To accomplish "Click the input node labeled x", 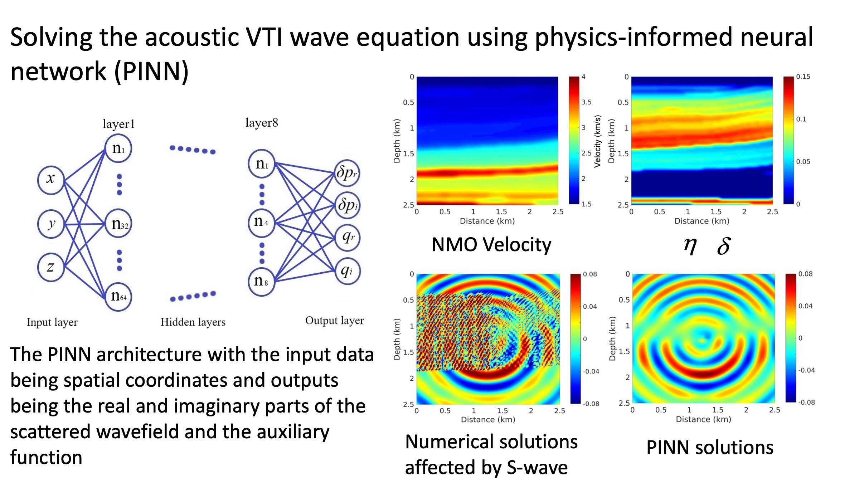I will (51, 180).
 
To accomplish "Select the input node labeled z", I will (51, 267).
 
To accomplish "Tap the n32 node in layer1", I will (118, 224).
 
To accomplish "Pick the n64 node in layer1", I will (118, 297).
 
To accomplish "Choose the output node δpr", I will (346, 173).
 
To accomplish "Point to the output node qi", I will (347, 271).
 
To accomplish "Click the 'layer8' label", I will (262, 123).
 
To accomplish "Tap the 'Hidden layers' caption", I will (193, 322).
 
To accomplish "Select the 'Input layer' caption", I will (52, 322).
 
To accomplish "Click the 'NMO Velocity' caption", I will (491, 245).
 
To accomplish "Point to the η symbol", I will (690, 246).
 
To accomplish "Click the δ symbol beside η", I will (724, 246).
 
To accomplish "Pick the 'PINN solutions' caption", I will (710, 448).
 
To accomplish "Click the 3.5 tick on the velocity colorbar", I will (586, 102).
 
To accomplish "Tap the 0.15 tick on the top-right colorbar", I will (803, 77).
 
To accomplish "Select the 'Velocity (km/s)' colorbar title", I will (597, 141).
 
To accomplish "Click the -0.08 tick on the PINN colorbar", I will (806, 402).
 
